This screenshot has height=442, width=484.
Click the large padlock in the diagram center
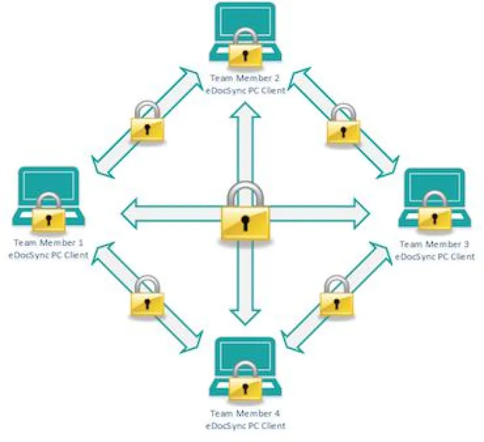[245, 212]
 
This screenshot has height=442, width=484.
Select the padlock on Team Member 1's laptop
[49, 213]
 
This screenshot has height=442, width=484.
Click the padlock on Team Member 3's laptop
[435, 213]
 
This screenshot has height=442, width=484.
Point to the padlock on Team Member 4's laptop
[245, 382]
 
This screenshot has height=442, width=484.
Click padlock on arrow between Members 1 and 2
[147, 122]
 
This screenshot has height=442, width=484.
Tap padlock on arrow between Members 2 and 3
[343, 124]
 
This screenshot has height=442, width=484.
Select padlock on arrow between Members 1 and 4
[146, 296]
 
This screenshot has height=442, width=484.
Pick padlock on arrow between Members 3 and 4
[336, 296]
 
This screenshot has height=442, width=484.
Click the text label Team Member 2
[245, 78]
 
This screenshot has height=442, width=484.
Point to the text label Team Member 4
[245, 413]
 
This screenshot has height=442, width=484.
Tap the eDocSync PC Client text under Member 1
[49, 256]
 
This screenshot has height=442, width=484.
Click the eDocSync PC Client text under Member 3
[435, 257]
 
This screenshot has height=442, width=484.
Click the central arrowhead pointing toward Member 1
[130, 214]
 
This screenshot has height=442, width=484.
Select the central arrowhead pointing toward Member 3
[362, 214]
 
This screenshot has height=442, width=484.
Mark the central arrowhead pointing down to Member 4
[245, 317]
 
